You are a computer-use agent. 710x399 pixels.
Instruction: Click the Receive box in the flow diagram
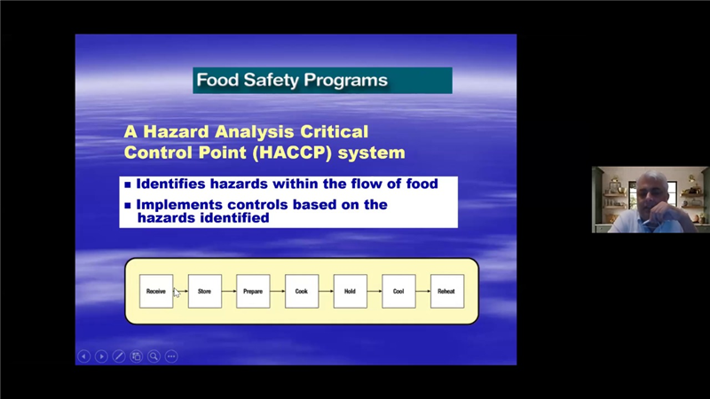click(156, 292)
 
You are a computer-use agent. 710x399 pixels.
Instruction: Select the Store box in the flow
click(205, 292)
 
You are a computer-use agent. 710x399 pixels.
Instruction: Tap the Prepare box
click(253, 292)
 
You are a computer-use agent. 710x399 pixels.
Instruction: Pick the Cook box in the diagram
click(302, 292)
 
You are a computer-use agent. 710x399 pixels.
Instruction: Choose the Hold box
click(350, 292)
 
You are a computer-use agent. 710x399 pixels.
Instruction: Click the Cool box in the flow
click(398, 292)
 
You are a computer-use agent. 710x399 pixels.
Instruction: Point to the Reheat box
click(447, 292)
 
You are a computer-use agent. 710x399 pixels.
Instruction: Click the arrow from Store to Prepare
click(229, 292)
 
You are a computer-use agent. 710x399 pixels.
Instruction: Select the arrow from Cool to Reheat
click(423, 292)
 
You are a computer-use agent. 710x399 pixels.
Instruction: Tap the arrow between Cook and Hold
click(326, 292)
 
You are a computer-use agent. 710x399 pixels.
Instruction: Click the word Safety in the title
click(272, 80)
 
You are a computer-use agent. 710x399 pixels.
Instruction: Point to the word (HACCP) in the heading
click(293, 153)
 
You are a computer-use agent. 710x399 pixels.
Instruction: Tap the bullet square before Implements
click(128, 206)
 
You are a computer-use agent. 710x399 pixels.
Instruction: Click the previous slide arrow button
click(83, 356)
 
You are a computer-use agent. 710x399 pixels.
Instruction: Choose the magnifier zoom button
click(154, 356)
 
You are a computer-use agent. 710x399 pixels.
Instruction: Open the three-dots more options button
click(171, 356)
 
